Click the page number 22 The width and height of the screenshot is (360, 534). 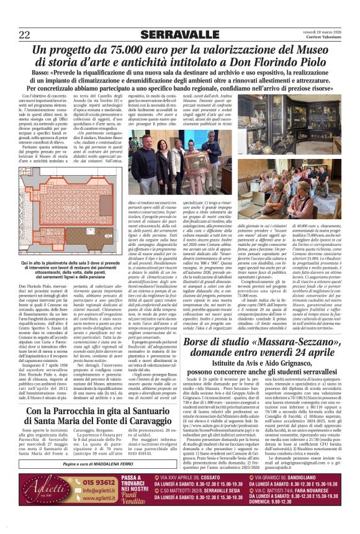tap(25, 33)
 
